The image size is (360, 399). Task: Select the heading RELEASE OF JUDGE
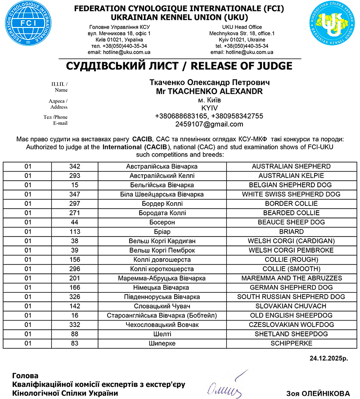(x=241, y=66)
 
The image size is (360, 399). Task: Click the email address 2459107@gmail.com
(x=209, y=124)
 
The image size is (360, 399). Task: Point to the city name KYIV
(x=209, y=108)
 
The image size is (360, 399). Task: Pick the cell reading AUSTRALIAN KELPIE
(x=291, y=176)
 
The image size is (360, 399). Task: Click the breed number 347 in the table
(x=75, y=194)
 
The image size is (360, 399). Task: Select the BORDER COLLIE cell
(x=291, y=204)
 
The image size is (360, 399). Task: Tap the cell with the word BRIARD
(x=291, y=231)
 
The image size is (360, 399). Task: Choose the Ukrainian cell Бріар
(x=162, y=231)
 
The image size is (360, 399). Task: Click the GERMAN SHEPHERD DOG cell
(x=291, y=287)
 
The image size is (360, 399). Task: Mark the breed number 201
(x=75, y=278)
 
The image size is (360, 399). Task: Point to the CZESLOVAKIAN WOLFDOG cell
(x=291, y=325)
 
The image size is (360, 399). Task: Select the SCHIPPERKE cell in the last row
(x=291, y=343)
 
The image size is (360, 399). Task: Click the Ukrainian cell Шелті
(x=162, y=334)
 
